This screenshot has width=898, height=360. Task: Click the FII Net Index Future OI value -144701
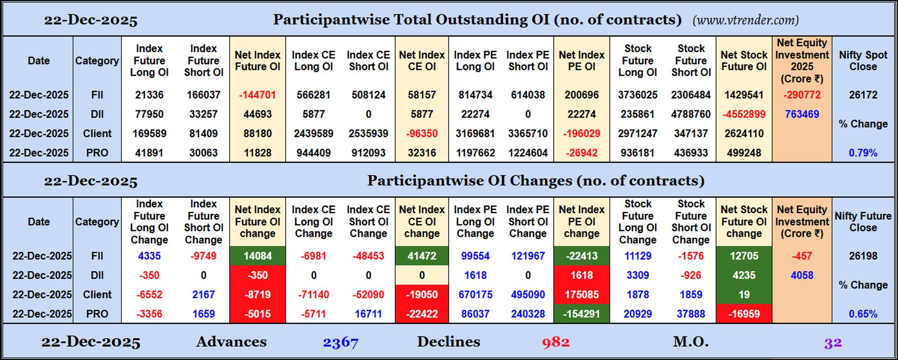(x=257, y=95)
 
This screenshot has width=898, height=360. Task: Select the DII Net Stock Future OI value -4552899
(x=744, y=114)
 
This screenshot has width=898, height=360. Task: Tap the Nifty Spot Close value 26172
(x=863, y=95)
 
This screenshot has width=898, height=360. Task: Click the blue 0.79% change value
(x=863, y=153)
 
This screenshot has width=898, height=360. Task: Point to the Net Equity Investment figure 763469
(x=802, y=114)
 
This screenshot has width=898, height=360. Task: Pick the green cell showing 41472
(x=422, y=256)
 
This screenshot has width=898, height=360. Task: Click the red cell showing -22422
(x=422, y=314)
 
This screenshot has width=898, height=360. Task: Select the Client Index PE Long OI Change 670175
(x=475, y=295)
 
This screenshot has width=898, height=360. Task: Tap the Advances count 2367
(x=340, y=342)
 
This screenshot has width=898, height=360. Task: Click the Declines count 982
(x=556, y=342)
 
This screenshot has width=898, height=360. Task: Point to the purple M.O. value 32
(x=833, y=343)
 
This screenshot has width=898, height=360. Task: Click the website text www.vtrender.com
(x=746, y=20)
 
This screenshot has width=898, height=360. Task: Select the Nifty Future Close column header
(x=863, y=222)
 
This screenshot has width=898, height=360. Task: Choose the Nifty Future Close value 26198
(x=863, y=256)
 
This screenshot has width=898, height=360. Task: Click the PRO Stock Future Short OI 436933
(x=691, y=153)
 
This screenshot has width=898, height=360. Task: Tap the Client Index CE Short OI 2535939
(x=368, y=134)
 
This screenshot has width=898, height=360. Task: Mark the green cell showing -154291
(x=581, y=314)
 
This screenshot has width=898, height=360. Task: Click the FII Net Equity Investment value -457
(x=802, y=256)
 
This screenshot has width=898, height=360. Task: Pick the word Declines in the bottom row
(x=448, y=342)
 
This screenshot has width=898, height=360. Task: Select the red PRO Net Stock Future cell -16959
(x=744, y=314)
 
